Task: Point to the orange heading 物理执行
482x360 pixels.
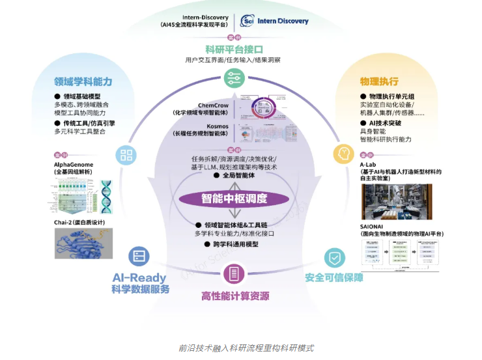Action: [379, 81]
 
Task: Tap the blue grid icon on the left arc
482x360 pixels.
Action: [126, 155]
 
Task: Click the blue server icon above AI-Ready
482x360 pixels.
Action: [139, 256]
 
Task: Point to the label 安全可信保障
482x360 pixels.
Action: [333, 277]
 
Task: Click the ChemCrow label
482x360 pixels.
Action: [213, 105]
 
